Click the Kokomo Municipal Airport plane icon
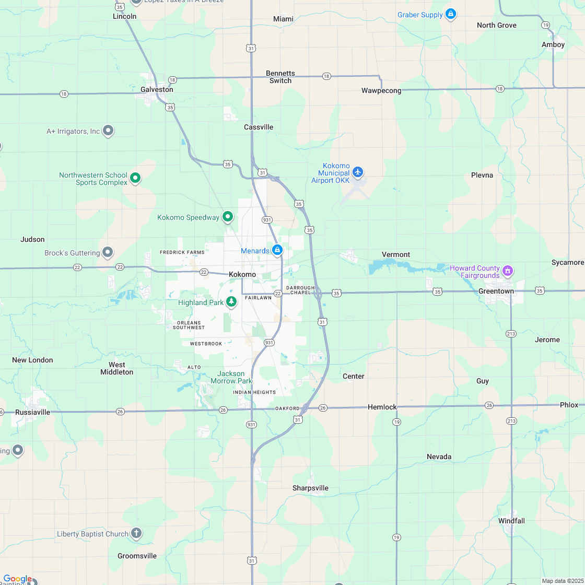[x=358, y=171]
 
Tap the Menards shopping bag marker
[x=278, y=250]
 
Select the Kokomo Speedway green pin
[x=228, y=216]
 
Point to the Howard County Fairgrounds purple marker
[x=507, y=271]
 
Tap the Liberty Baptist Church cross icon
[x=136, y=533]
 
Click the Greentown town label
[x=496, y=291]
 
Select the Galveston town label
[x=157, y=89]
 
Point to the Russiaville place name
[x=33, y=412]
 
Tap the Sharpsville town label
[x=310, y=488]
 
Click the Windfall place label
[x=511, y=521]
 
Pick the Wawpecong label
[x=381, y=90]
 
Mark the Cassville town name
[x=259, y=127]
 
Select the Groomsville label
[x=137, y=556]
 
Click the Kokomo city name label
[x=242, y=274]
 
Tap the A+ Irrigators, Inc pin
[x=108, y=130]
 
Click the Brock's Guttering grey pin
[x=108, y=252]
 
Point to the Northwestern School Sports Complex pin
[x=135, y=178]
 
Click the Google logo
[x=17, y=579]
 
